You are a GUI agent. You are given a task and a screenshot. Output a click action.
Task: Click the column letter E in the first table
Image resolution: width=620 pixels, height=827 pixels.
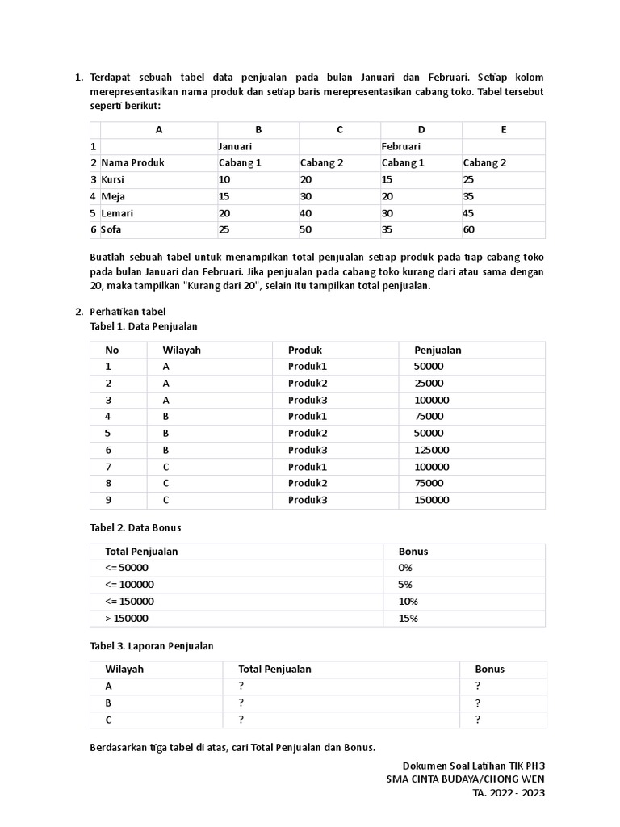tap(503, 129)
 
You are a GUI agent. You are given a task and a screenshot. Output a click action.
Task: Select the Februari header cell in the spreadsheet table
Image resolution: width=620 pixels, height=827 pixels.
tap(402, 146)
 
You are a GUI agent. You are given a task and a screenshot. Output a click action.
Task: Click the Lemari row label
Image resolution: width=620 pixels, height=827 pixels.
tap(117, 213)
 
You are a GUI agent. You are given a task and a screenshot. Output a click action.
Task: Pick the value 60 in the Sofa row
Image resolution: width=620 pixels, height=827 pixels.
tap(469, 230)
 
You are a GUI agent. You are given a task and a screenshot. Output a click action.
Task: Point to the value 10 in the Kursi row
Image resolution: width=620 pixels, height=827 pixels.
tap(224, 179)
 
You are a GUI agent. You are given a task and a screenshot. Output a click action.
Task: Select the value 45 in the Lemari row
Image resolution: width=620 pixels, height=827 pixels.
tap(469, 213)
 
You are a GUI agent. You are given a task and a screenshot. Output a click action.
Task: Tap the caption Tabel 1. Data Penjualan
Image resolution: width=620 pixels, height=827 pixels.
tap(143, 326)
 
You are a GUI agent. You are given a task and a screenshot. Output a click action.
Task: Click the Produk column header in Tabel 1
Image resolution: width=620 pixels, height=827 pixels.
tap(305, 350)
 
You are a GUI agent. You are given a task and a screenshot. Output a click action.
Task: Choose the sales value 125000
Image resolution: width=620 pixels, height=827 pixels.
tap(432, 450)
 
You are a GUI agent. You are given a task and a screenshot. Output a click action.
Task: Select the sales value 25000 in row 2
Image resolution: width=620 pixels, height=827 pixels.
tap(429, 383)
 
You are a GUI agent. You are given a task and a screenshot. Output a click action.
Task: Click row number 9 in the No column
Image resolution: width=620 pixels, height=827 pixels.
tap(108, 500)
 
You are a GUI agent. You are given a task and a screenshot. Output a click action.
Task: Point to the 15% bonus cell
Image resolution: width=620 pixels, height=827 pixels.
tap(408, 618)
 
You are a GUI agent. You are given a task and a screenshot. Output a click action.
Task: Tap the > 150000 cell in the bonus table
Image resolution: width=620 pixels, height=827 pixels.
tap(127, 618)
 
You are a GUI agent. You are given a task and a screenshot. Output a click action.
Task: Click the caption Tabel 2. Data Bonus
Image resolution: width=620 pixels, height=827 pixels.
tap(135, 527)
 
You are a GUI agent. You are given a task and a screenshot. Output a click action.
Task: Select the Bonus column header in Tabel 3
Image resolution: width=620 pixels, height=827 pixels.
tap(489, 669)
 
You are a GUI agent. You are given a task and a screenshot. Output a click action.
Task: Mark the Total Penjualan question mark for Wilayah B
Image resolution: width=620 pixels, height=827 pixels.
tap(241, 703)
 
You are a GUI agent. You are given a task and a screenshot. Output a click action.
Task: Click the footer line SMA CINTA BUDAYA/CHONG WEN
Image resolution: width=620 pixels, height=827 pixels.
tap(466, 779)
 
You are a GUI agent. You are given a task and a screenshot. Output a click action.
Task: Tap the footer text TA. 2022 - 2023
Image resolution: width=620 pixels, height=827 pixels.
tap(509, 792)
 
